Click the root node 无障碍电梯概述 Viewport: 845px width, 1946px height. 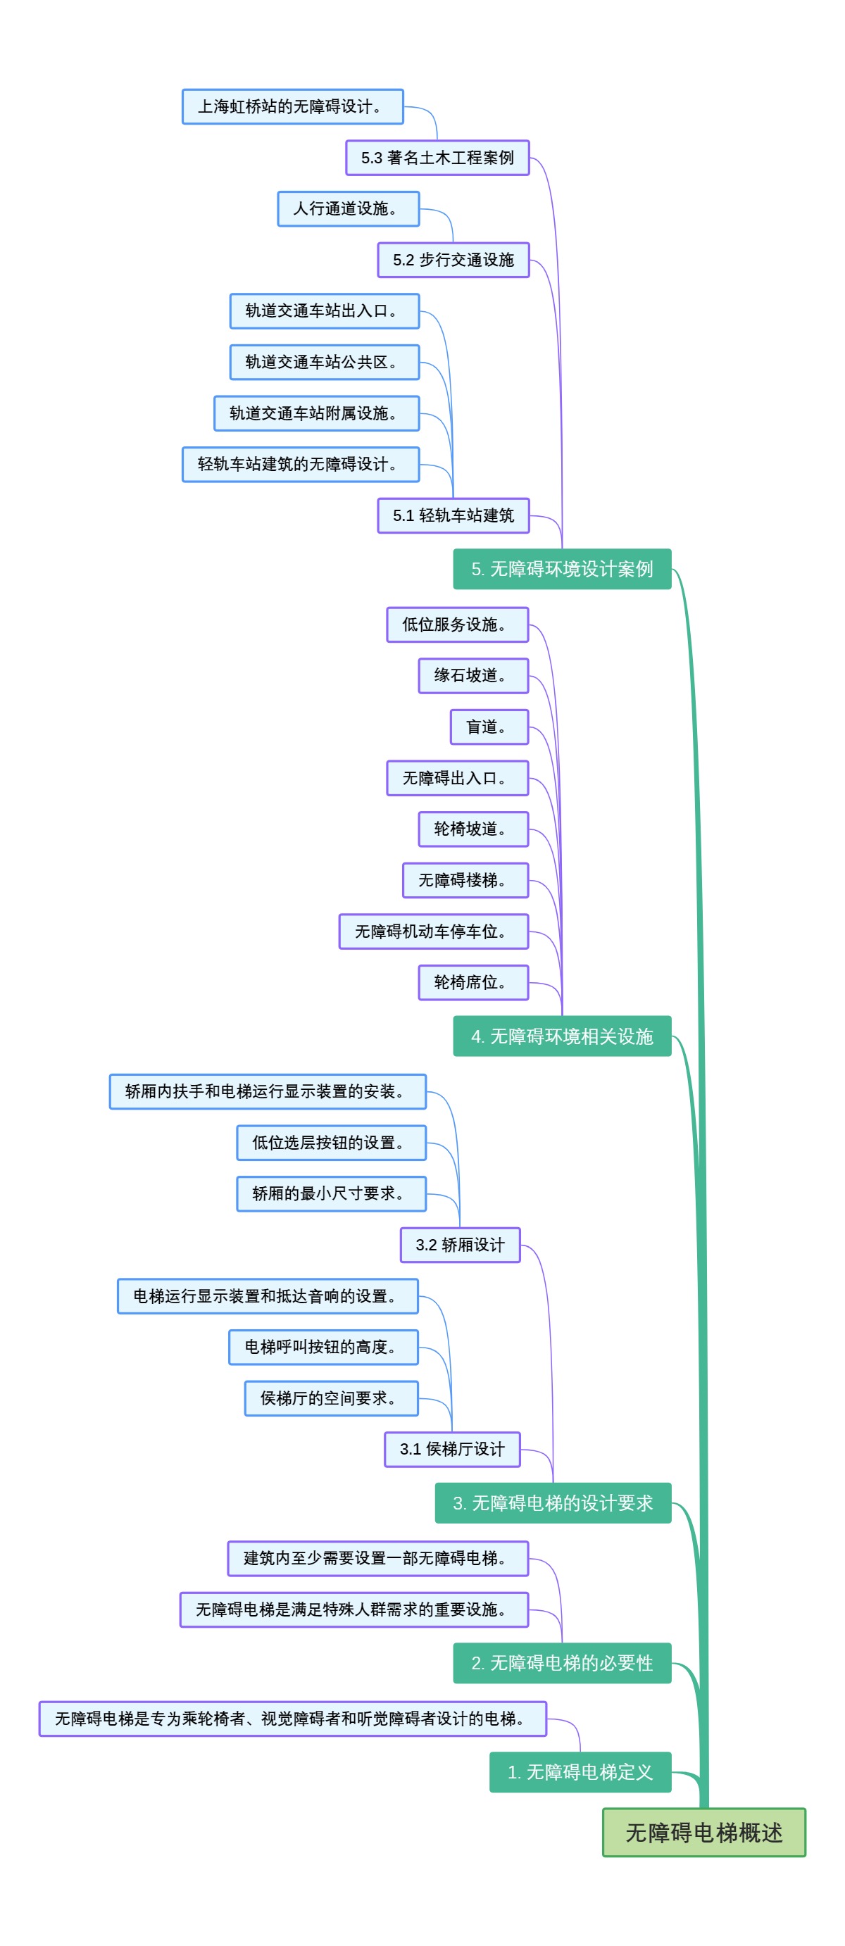(x=703, y=1831)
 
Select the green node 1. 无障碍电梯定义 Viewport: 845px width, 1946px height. (x=580, y=1771)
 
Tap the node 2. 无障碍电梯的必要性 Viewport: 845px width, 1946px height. (x=561, y=1663)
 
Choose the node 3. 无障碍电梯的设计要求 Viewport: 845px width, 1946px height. (x=553, y=1502)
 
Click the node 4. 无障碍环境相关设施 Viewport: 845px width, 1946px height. (x=561, y=1036)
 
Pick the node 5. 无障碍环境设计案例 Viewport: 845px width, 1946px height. (x=561, y=569)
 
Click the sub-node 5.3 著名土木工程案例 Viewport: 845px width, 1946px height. (x=437, y=158)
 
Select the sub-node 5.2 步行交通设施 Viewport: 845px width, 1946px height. (x=453, y=260)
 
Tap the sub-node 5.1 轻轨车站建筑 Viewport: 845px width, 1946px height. (x=453, y=515)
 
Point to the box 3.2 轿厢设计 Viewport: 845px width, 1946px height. (x=460, y=1244)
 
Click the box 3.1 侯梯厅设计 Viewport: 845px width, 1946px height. (x=452, y=1449)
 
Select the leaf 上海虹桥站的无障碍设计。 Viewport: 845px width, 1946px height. (x=292, y=106)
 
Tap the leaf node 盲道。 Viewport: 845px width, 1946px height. (x=489, y=727)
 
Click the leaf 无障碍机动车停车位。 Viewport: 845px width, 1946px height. (x=433, y=931)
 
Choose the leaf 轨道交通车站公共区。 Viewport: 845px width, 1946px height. (x=324, y=362)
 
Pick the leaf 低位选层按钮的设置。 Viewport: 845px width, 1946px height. (x=331, y=1142)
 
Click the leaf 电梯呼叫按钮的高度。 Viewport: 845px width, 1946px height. (x=323, y=1347)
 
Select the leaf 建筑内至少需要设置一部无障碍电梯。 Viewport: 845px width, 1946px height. (x=377, y=1557)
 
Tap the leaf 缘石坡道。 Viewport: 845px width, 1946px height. (x=473, y=675)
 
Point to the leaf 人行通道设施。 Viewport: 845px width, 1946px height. (x=348, y=208)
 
